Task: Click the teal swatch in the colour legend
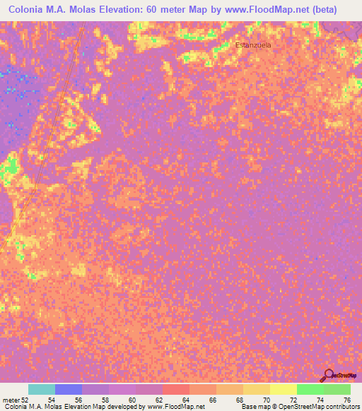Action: tap(42, 389)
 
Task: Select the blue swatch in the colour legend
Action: tap(69, 389)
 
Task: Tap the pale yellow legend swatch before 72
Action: tap(284, 389)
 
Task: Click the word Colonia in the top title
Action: tap(27, 9)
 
